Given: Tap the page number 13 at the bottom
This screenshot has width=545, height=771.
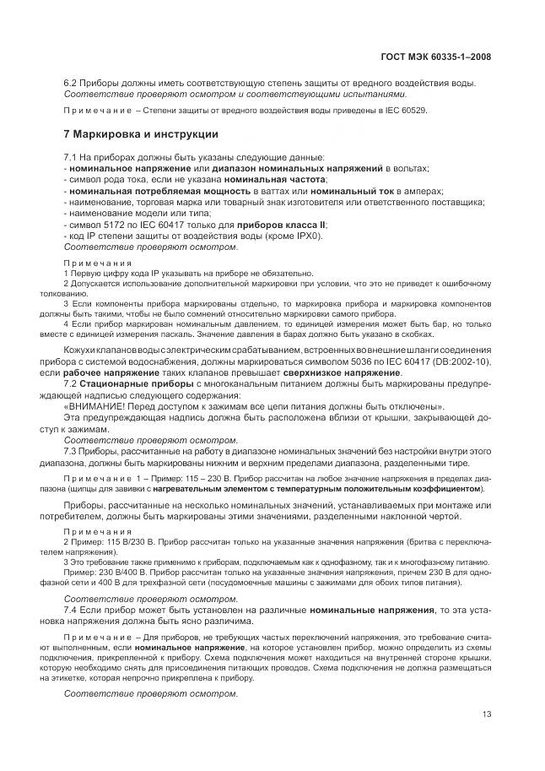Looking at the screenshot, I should coord(487,714).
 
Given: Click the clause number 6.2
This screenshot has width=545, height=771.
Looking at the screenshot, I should coord(71,83).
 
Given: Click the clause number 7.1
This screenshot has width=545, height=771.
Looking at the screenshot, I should coord(71,158).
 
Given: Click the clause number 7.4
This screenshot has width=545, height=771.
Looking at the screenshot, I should coord(71,609).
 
